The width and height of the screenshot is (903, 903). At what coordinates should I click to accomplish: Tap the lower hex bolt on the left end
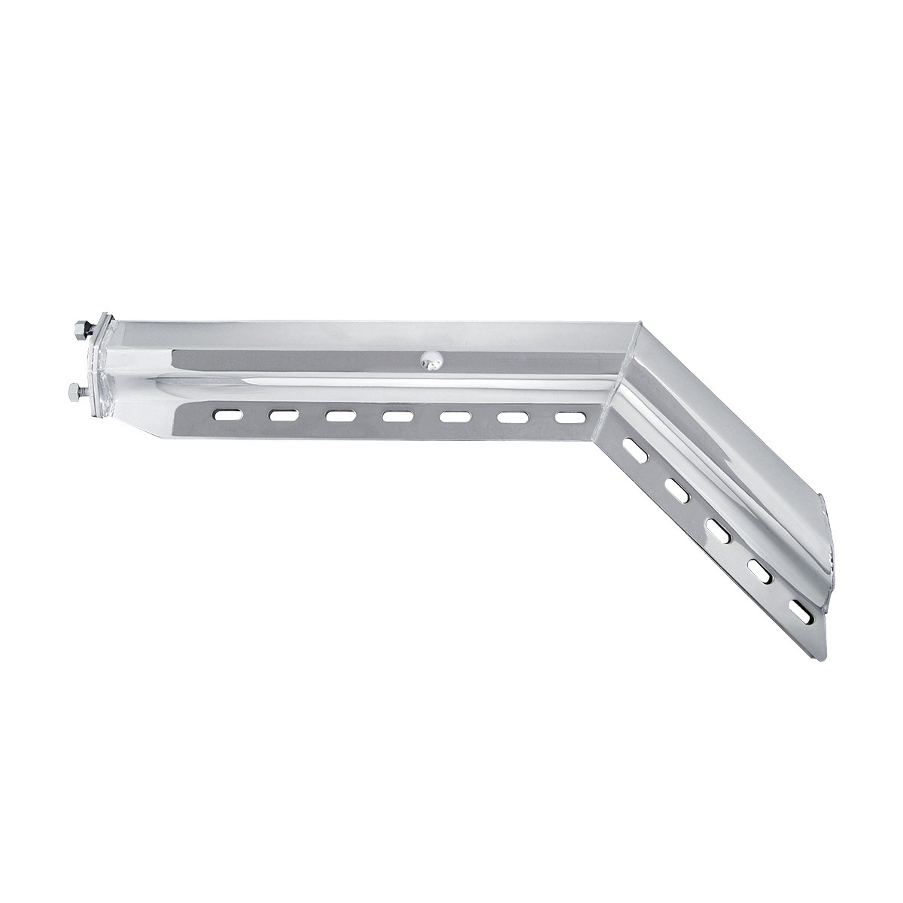76,390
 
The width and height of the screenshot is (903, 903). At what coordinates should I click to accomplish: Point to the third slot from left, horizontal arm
341,415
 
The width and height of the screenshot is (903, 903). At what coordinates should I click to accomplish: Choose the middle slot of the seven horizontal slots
397,415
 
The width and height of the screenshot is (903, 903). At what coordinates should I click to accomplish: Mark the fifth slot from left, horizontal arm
454,415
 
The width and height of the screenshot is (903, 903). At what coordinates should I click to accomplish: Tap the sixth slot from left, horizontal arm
511,415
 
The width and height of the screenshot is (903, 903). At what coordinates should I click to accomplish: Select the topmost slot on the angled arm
637,453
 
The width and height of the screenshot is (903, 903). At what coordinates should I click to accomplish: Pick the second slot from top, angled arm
678,492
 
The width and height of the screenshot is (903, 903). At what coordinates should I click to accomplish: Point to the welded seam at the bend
627,376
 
